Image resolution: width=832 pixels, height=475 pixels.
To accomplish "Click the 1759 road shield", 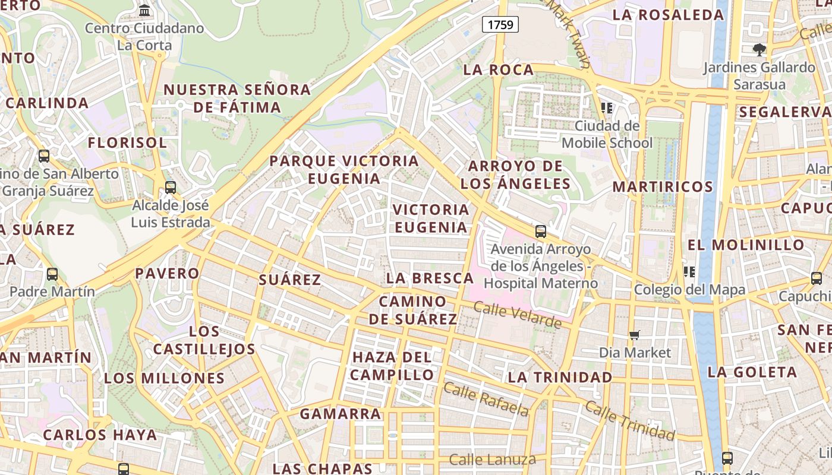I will point(500,24).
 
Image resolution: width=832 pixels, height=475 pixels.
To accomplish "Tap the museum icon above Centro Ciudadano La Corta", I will point(144,10).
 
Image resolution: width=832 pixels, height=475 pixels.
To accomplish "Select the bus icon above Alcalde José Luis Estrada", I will point(171,188).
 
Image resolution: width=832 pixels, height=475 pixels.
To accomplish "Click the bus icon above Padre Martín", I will point(52,274).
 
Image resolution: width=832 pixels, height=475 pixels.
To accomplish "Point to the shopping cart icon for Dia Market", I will point(635,335).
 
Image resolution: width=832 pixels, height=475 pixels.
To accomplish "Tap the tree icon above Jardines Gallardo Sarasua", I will point(759,49).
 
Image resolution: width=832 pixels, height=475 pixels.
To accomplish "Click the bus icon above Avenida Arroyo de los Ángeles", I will point(540,232).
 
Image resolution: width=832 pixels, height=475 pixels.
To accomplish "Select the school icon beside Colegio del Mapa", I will point(689,272).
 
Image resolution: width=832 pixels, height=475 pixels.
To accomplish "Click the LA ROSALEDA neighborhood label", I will point(668,15).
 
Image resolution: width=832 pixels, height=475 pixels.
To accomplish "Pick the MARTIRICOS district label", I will point(663,186).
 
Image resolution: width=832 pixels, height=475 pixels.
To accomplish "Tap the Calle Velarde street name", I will point(518,315).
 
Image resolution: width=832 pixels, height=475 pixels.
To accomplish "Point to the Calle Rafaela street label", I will point(486,400).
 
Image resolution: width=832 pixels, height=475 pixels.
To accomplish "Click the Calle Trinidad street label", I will point(631,420).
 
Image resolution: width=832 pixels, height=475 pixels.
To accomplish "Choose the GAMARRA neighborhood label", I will point(341,414).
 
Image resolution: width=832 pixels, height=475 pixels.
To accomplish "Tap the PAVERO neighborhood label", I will point(167,273).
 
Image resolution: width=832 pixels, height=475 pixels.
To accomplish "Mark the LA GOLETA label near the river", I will point(752,372).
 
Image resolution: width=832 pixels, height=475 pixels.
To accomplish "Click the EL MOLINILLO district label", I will point(746,245).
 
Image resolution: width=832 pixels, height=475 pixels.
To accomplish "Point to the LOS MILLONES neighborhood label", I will point(165,378).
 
